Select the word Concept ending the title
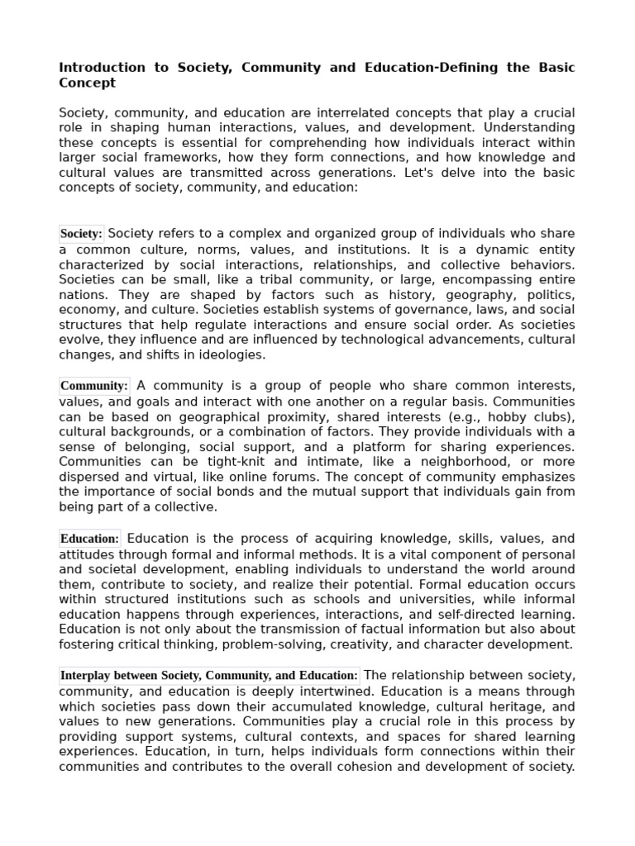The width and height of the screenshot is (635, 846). tap(87, 83)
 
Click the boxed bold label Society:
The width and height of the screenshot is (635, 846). tap(81, 234)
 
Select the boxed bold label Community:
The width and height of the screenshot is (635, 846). tap(94, 386)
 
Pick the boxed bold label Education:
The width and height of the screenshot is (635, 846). tap(90, 539)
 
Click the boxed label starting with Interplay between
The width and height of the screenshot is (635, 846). tap(209, 675)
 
